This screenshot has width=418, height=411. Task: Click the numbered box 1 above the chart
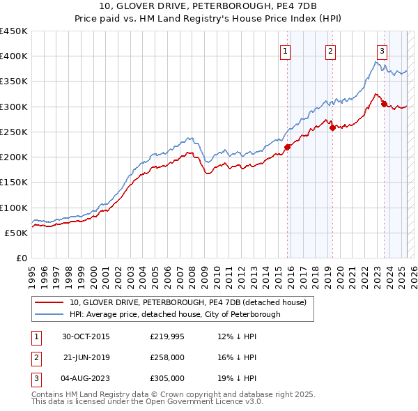[286, 49]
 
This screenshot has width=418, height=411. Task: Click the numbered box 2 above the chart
[330, 49]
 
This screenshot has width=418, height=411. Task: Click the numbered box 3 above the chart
[382, 49]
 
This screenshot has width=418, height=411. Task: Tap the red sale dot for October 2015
[288, 146]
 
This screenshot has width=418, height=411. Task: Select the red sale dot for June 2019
[332, 127]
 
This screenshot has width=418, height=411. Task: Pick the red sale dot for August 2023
[384, 104]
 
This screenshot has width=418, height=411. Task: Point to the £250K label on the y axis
[13, 132]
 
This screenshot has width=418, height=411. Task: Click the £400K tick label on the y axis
[13, 56]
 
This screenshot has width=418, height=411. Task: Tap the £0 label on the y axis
[21, 258]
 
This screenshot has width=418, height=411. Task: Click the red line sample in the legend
[49, 302]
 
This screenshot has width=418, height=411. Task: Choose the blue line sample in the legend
[49, 314]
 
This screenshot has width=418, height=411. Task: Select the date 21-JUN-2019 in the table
[86, 357]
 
